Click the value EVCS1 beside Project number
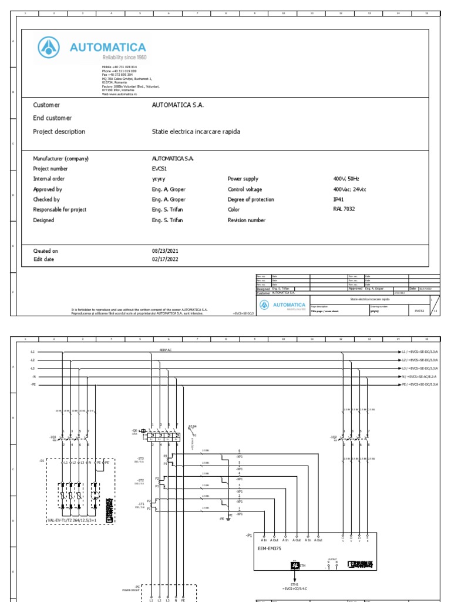pyautogui.click(x=160, y=168)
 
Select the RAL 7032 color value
pyautogui.click(x=344, y=209)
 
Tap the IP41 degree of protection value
pyautogui.click(x=338, y=199)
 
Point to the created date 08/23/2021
pyautogui.click(x=165, y=251)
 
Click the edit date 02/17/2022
pyautogui.click(x=165, y=259)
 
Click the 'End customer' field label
pyautogui.click(x=52, y=118)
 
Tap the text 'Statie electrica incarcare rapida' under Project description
pyautogui.click(x=196, y=132)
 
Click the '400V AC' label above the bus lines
pyautogui.click(x=166, y=350)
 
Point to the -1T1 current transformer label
pyautogui.click(x=140, y=504)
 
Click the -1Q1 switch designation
pyautogui.click(x=53, y=437)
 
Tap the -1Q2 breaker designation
pyautogui.click(x=334, y=437)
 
